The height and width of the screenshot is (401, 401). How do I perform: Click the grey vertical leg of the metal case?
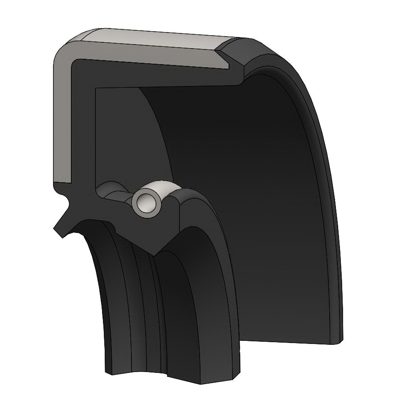(61, 125)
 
